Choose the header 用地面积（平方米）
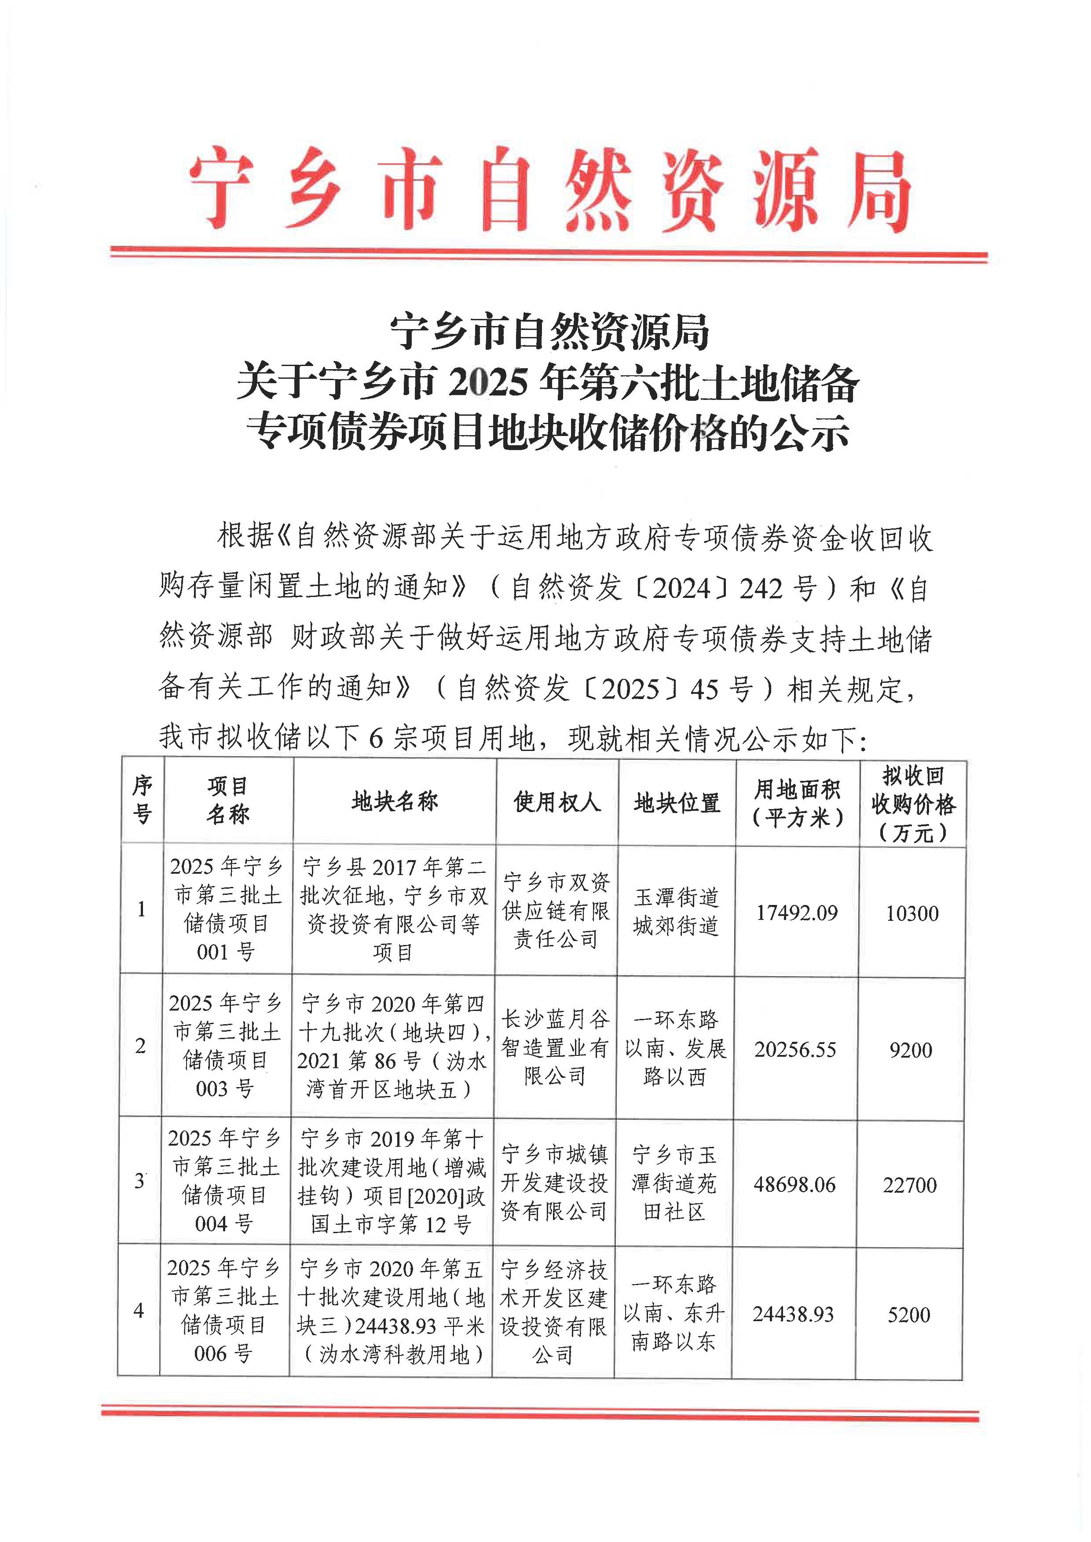click(x=798, y=803)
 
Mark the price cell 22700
click(x=910, y=1185)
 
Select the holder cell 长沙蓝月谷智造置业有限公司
click(x=555, y=1048)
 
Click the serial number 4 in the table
click(x=139, y=1310)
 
